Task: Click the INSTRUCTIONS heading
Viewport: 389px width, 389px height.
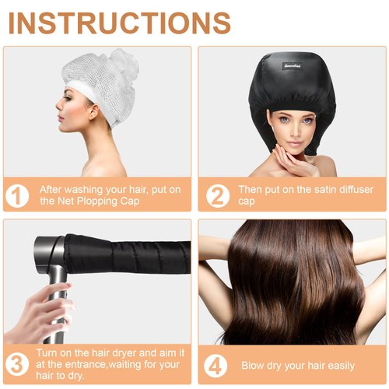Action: pos(119,23)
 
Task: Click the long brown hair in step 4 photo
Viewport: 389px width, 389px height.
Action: pos(292,288)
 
